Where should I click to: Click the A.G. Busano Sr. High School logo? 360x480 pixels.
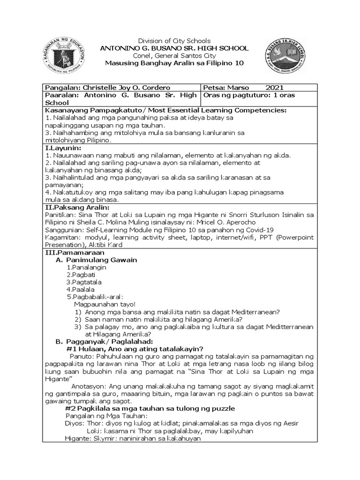click(286, 55)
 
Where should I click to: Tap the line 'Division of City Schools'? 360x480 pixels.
click(173, 41)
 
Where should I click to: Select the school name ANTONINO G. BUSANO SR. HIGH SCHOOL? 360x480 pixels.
click(174, 48)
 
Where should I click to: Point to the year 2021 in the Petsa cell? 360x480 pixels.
click(274, 88)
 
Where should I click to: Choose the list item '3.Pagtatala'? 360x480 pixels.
click(84, 282)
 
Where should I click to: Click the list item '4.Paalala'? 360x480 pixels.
click(82, 290)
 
